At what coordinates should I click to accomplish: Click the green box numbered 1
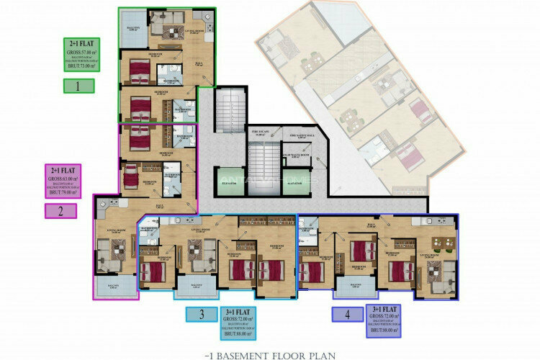tap(79, 86)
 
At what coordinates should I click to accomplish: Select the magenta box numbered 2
tap(61, 211)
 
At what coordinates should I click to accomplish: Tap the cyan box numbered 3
tap(201, 314)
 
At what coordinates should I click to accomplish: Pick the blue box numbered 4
tap(346, 314)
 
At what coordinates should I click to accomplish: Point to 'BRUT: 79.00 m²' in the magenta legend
tap(61, 192)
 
